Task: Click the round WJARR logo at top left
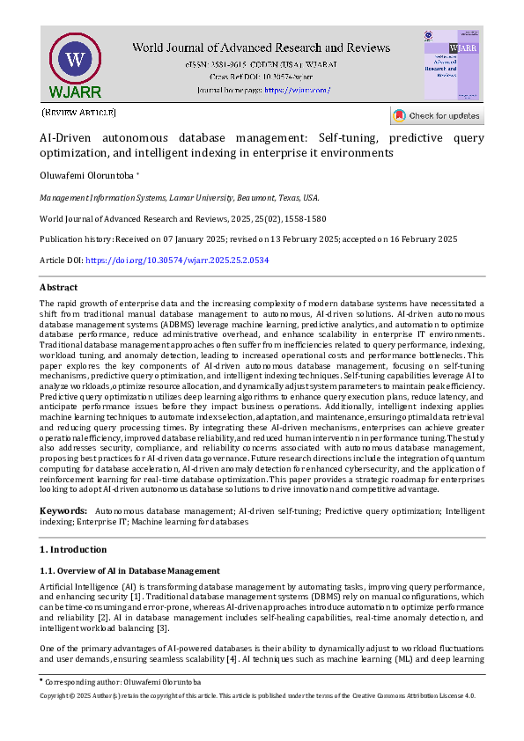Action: click(74, 61)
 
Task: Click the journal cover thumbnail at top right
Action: click(452, 64)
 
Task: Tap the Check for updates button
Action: click(437, 115)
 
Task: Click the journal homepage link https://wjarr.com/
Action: click(298, 90)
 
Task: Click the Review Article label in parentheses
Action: click(79, 113)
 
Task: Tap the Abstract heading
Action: click(58, 287)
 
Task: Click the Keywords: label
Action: click(63, 511)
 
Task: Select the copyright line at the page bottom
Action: click(257, 695)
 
